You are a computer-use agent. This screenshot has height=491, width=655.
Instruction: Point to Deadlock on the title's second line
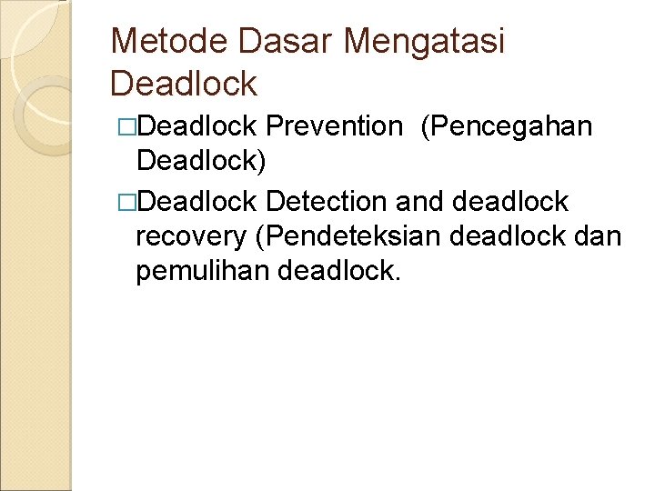[184, 84]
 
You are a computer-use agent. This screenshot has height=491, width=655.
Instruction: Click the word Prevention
[335, 126]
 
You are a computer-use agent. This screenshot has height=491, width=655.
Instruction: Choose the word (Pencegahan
[507, 126]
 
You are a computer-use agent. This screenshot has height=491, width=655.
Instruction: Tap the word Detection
[327, 200]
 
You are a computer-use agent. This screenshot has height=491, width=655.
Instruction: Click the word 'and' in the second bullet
[418, 200]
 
